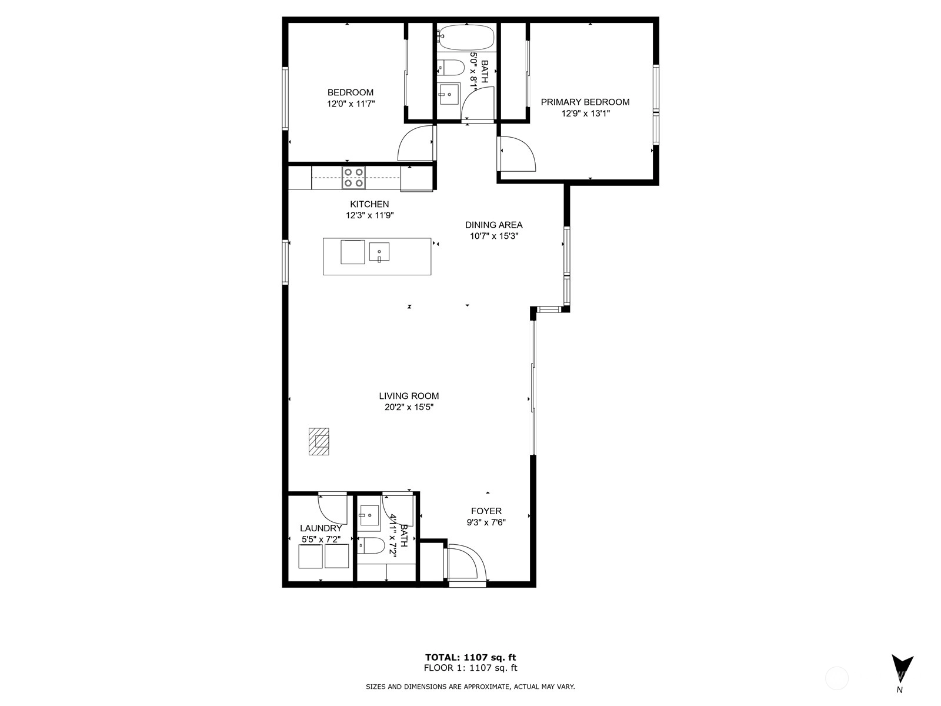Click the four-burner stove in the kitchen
353,178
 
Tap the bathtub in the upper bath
466,37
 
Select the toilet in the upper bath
451,68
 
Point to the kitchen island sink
379,252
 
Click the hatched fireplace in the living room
319,441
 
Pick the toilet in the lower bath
371,545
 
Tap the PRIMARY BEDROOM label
585,102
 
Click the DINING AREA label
494,225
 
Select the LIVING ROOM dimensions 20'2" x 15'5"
409,407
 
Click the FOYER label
486,511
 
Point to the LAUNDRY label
321,528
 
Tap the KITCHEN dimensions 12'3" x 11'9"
369,215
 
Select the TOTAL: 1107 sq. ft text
470,657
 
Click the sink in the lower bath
369,515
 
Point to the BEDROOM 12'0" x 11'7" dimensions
351,104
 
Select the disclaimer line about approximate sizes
470,687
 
